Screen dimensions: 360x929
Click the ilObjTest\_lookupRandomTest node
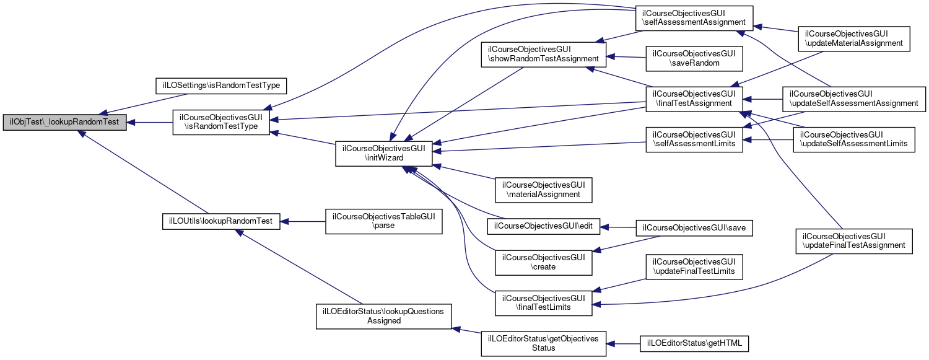tap(64, 123)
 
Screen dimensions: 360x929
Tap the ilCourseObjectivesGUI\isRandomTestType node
tap(220, 123)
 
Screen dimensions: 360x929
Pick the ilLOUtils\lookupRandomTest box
tap(221, 220)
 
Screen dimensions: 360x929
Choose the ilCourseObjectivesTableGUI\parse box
tap(383, 221)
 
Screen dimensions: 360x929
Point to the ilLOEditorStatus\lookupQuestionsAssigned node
tap(384, 315)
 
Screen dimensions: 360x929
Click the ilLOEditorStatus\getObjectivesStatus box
tap(543, 343)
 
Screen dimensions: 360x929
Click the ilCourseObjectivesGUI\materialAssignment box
tap(544, 190)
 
